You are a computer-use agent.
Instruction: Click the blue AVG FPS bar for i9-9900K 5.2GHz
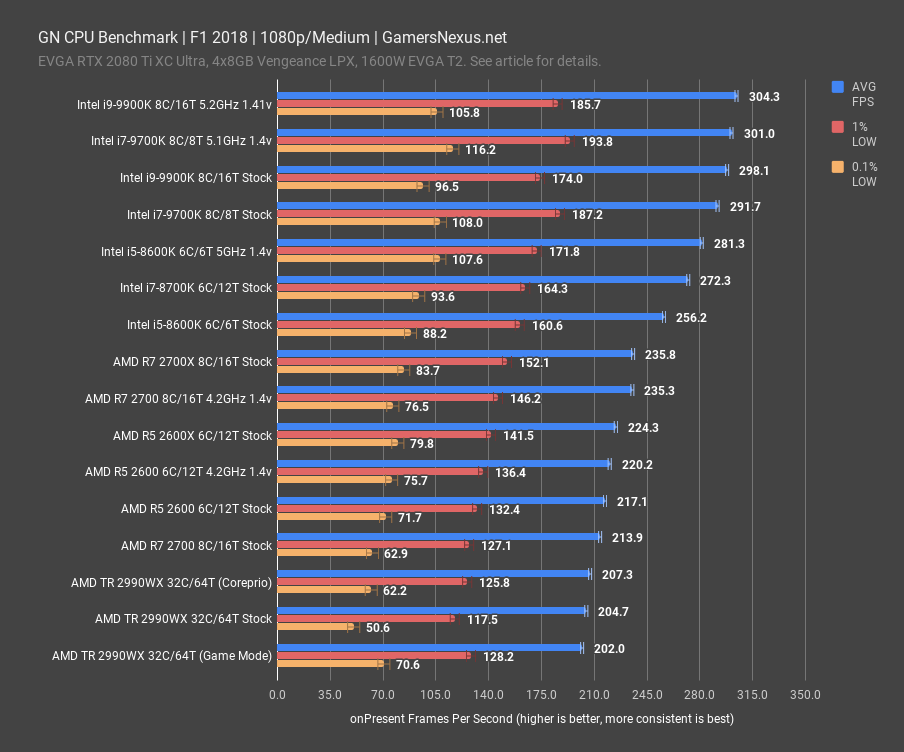point(506,96)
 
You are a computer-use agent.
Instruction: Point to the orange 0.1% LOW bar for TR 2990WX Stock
point(314,627)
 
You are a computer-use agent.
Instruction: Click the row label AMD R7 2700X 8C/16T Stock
point(192,361)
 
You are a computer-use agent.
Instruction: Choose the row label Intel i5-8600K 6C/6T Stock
point(199,324)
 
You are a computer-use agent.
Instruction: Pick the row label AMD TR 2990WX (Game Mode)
point(161,656)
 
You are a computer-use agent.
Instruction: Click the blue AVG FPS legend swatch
point(838,87)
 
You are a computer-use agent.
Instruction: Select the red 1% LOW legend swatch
point(838,127)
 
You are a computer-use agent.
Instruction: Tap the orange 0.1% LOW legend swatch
point(838,167)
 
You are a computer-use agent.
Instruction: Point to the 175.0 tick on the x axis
point(541,694)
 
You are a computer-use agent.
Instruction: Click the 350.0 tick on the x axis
point(805,694)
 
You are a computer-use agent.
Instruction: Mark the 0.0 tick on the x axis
point(277,694)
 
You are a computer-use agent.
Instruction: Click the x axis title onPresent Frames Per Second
point(541,718)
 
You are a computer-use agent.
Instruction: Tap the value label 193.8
point(597,141)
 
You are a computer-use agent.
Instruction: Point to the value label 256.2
point(691,318)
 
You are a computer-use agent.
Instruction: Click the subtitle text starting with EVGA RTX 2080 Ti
point(320,61)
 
